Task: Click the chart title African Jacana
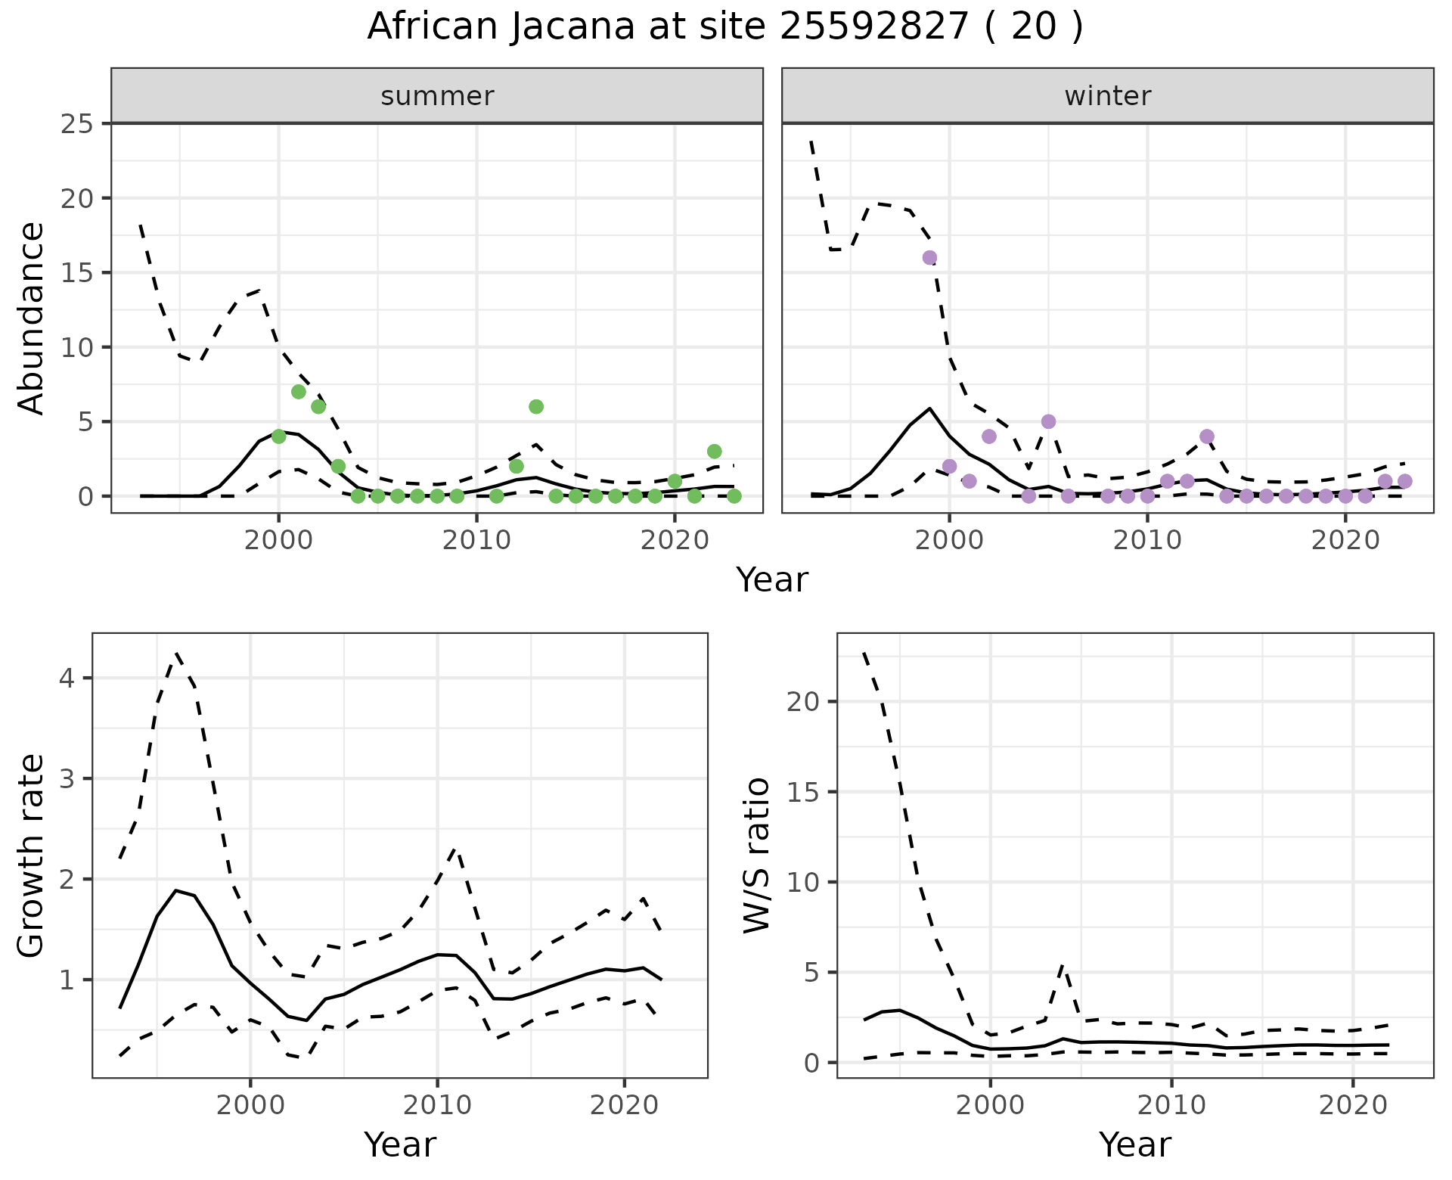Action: (724, 27)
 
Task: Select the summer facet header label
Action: (437, 96)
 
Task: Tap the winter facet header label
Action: (1107, 96)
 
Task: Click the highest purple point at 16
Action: (929, 258)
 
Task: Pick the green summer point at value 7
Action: (299, 392)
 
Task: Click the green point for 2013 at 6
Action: (536, 407)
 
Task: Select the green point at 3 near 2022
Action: (715, 452)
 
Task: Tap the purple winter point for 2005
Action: (1048, 421)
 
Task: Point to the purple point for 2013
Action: (1207, 436)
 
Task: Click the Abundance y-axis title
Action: (32, 318)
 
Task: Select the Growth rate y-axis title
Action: (32, 855)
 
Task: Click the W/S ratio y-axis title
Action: (757, 855)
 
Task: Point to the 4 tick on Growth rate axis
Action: (67, 678)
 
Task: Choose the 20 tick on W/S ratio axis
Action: (802, 702)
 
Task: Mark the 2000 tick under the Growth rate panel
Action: (250, 1105)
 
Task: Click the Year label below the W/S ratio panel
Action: (1134, 1144)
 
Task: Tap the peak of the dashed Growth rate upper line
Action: (176, 652)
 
